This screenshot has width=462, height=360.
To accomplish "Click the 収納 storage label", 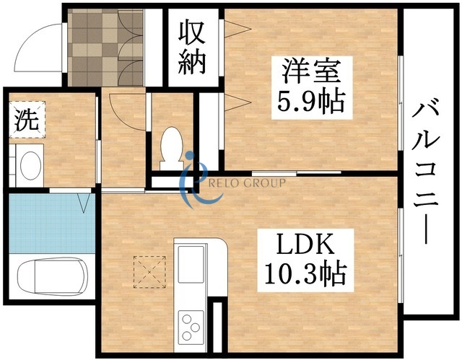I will (193, 46).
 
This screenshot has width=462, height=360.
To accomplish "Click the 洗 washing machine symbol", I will (26, 120).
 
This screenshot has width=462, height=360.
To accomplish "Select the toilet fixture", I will (172, 145).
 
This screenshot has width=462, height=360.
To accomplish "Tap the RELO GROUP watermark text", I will (245, 183).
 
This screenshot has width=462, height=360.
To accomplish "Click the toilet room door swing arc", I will (114, 109).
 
